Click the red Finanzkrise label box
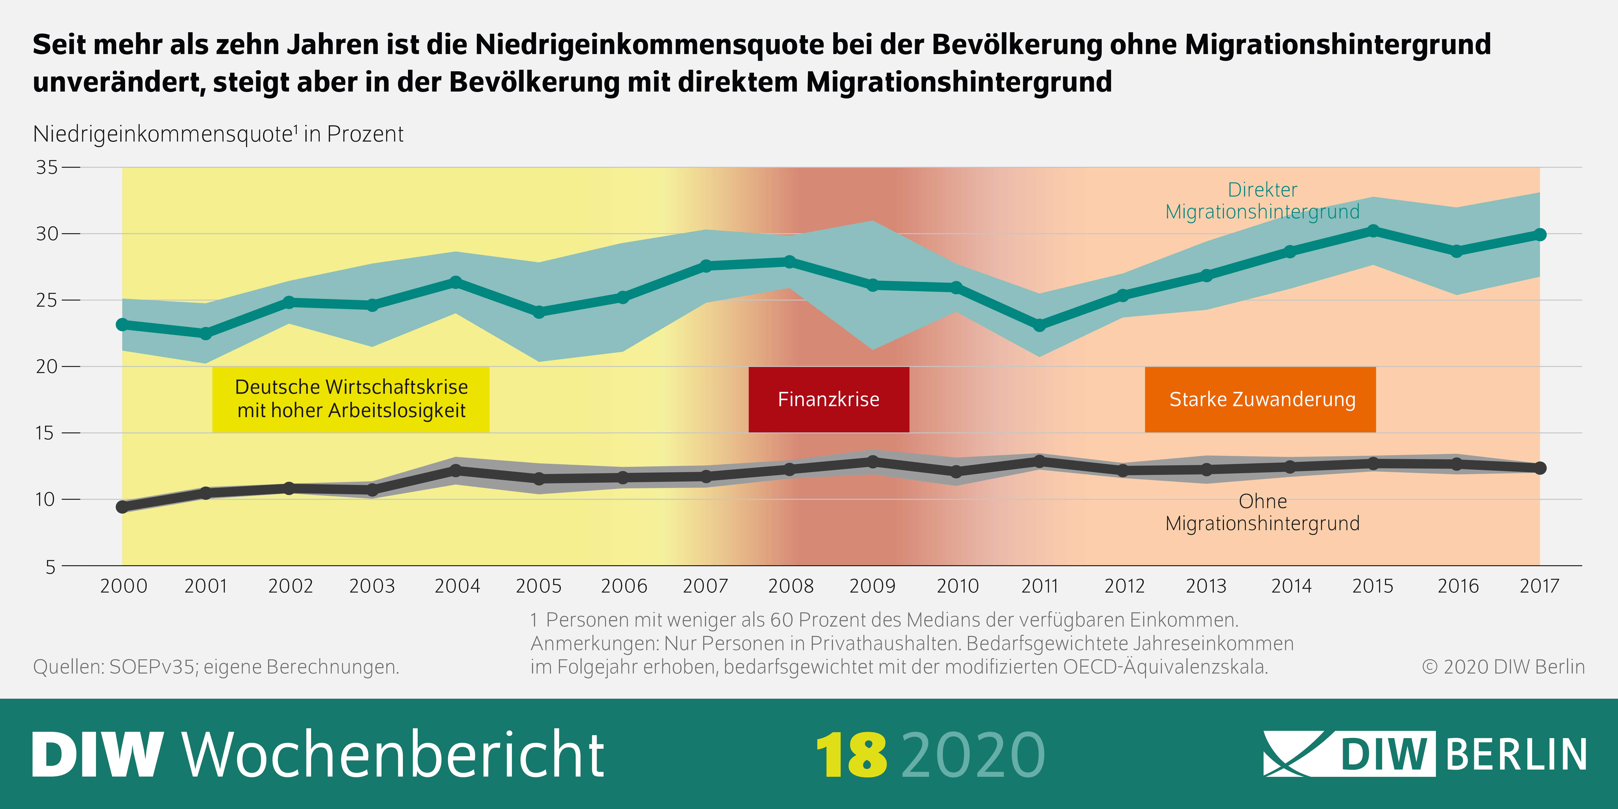tap(829, 400)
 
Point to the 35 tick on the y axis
tap(47, 167)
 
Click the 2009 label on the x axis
tap(872, 586)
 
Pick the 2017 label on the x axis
tap(1539, 586)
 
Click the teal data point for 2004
tap(456, 282)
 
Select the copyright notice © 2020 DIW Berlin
tap(1503, 666)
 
